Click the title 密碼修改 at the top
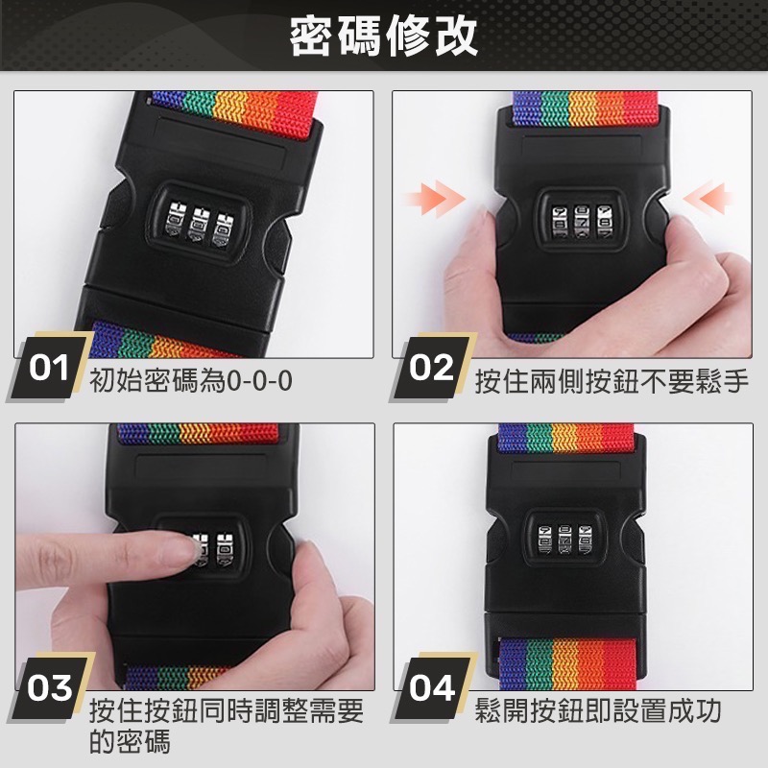point(383,36)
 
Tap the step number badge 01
point(49,368)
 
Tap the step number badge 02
point(432,368)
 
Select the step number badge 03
point(49,687)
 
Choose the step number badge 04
point(432,687)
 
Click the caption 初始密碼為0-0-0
point(190,381)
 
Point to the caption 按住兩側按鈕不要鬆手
point(612,381)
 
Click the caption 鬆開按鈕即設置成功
point(598,710)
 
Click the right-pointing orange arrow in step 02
point(434,198)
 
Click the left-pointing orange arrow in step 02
point(707,198)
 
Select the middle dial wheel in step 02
point(582,223)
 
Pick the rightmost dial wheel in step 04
point(585,540)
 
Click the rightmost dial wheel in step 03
point(225,548)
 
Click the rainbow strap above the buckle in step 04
point(566,439)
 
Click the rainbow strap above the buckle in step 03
point(197,434)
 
